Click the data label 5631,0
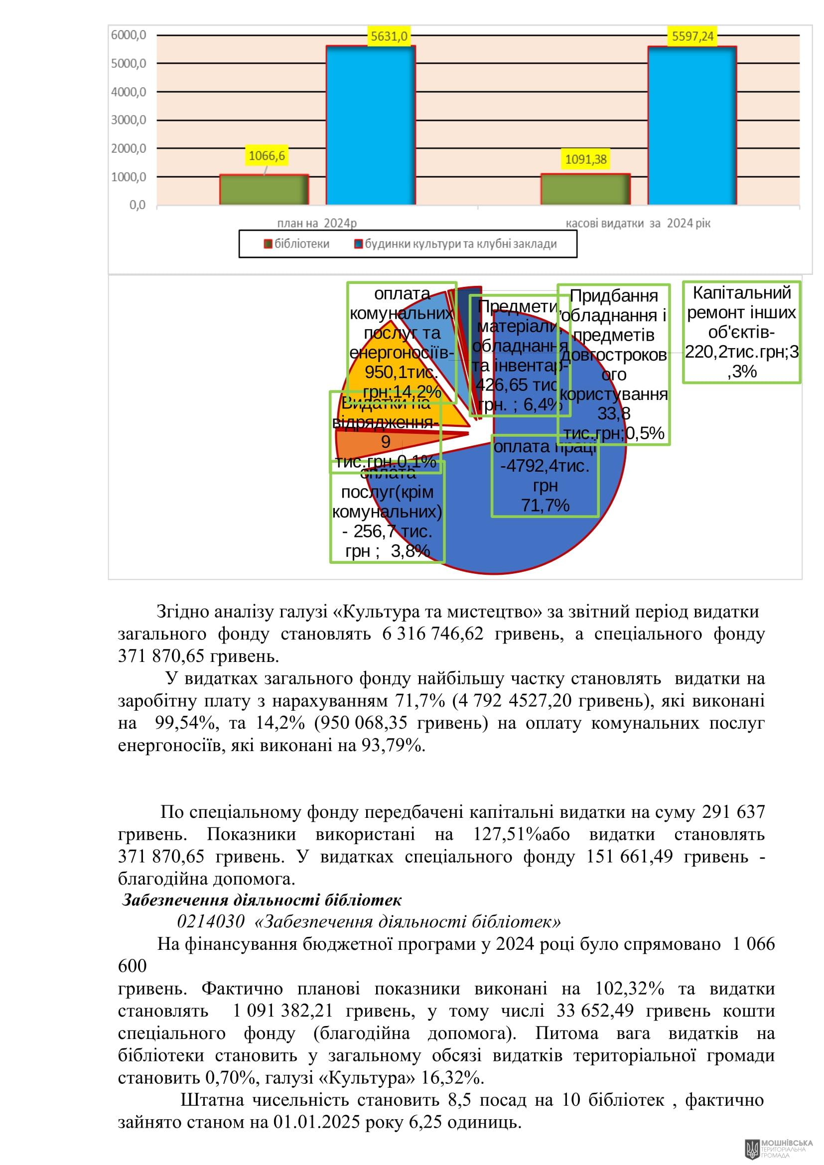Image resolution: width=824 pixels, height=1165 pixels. point(389,36)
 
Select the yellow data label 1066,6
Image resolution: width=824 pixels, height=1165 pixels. point(267,155)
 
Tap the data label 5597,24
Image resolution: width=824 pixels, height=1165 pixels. point(692,36)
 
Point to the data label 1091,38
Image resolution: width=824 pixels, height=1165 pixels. point(586,159)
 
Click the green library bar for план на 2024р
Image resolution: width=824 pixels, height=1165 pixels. point(264,190)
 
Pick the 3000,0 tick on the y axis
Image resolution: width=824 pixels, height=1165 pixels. point(129,120)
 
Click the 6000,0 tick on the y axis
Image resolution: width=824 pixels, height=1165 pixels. point(129,35)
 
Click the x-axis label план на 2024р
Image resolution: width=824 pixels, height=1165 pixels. point(317,223)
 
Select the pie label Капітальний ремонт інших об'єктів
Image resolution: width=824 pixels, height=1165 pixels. point(741,332)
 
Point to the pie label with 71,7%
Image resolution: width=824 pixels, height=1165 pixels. point(545,476)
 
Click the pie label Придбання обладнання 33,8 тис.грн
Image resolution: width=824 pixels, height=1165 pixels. point(613,364)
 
